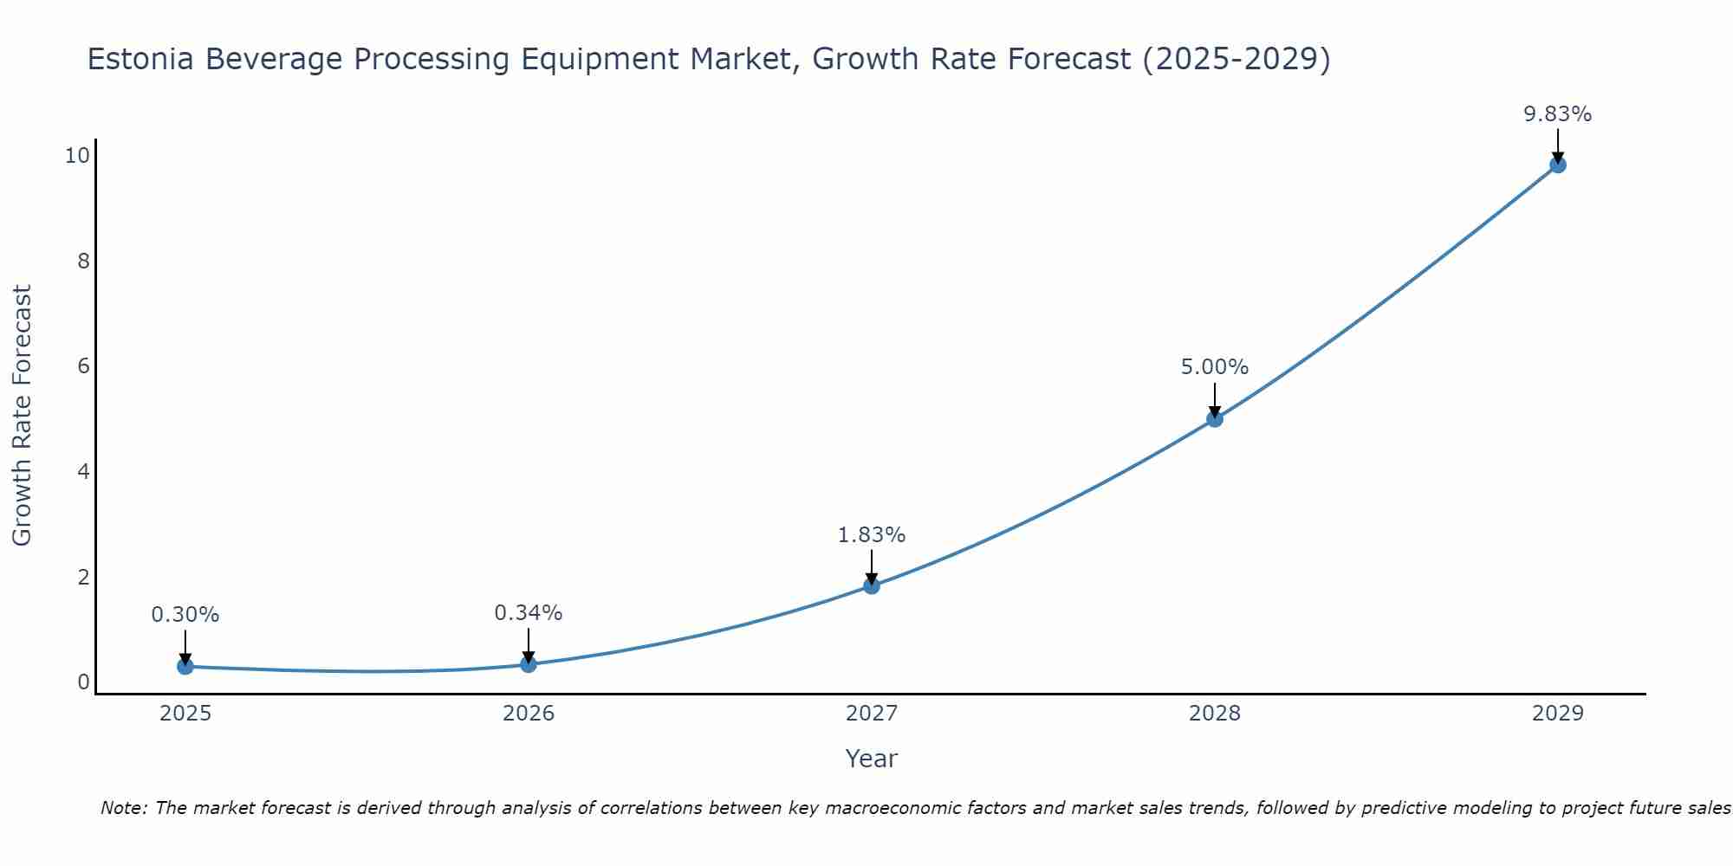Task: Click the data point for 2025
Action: [x=185, y=666]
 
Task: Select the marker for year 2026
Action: [x=529, y=664]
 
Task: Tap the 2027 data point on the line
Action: [x=872, y=586]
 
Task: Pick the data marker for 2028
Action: [x=1215, y=419]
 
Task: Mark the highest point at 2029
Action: [x=1558, y=165]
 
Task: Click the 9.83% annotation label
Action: [x=1558, y=114]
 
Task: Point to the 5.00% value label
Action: [x=1215, y=367]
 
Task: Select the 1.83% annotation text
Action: [x=872, y=535]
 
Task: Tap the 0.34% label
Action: [x=529, y=613]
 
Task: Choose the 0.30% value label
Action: [x=185, y=615]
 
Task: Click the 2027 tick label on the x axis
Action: [x=872, y=714]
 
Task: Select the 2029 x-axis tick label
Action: [x=1558, y=714]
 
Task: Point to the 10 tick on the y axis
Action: [x=77, y=156]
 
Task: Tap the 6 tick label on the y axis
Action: [x=84, y=366]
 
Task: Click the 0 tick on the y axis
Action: [x=84, y=682]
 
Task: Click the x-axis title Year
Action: [x=872, y=759]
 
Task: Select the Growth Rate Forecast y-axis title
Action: [x=22, y=416]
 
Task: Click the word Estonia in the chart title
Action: [x=140, y=59]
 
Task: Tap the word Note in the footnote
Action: [x=123, y=808]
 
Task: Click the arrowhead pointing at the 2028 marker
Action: [x=1215, y=412]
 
